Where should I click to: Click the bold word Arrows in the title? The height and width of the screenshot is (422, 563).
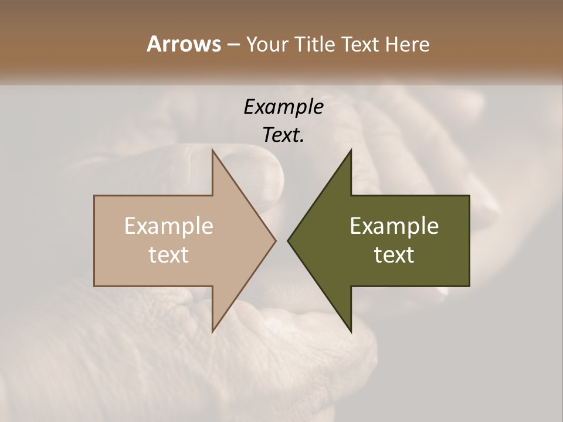(x=184, y=45)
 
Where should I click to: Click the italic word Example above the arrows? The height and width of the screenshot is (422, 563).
(x=283, y=107)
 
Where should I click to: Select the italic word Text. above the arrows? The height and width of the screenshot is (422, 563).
(x=283, y=135)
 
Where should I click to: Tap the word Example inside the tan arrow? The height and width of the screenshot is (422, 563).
(x=169, y=226)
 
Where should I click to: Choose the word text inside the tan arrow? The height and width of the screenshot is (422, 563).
(x=169, y=255)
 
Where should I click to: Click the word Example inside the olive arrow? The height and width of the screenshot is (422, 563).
(x=394, y=226)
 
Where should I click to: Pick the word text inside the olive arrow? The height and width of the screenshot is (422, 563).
(x=394, y=255)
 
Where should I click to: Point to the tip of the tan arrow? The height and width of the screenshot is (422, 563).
(x=276, y=240)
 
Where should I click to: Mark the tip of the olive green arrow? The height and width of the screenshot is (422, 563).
(x=288, y=240)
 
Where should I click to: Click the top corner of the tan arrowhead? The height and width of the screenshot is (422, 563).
(x=212, y=150)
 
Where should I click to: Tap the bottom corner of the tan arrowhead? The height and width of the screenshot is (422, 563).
(x=212, y=331)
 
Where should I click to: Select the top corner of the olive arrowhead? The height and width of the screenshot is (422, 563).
(x=351, y=150)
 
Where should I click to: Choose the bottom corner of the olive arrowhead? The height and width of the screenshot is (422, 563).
(x=351, y=331)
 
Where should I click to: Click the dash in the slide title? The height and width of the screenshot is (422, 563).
(x=233, y=45)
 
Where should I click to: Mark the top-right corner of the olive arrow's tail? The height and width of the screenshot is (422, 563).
(x=469, y=196)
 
